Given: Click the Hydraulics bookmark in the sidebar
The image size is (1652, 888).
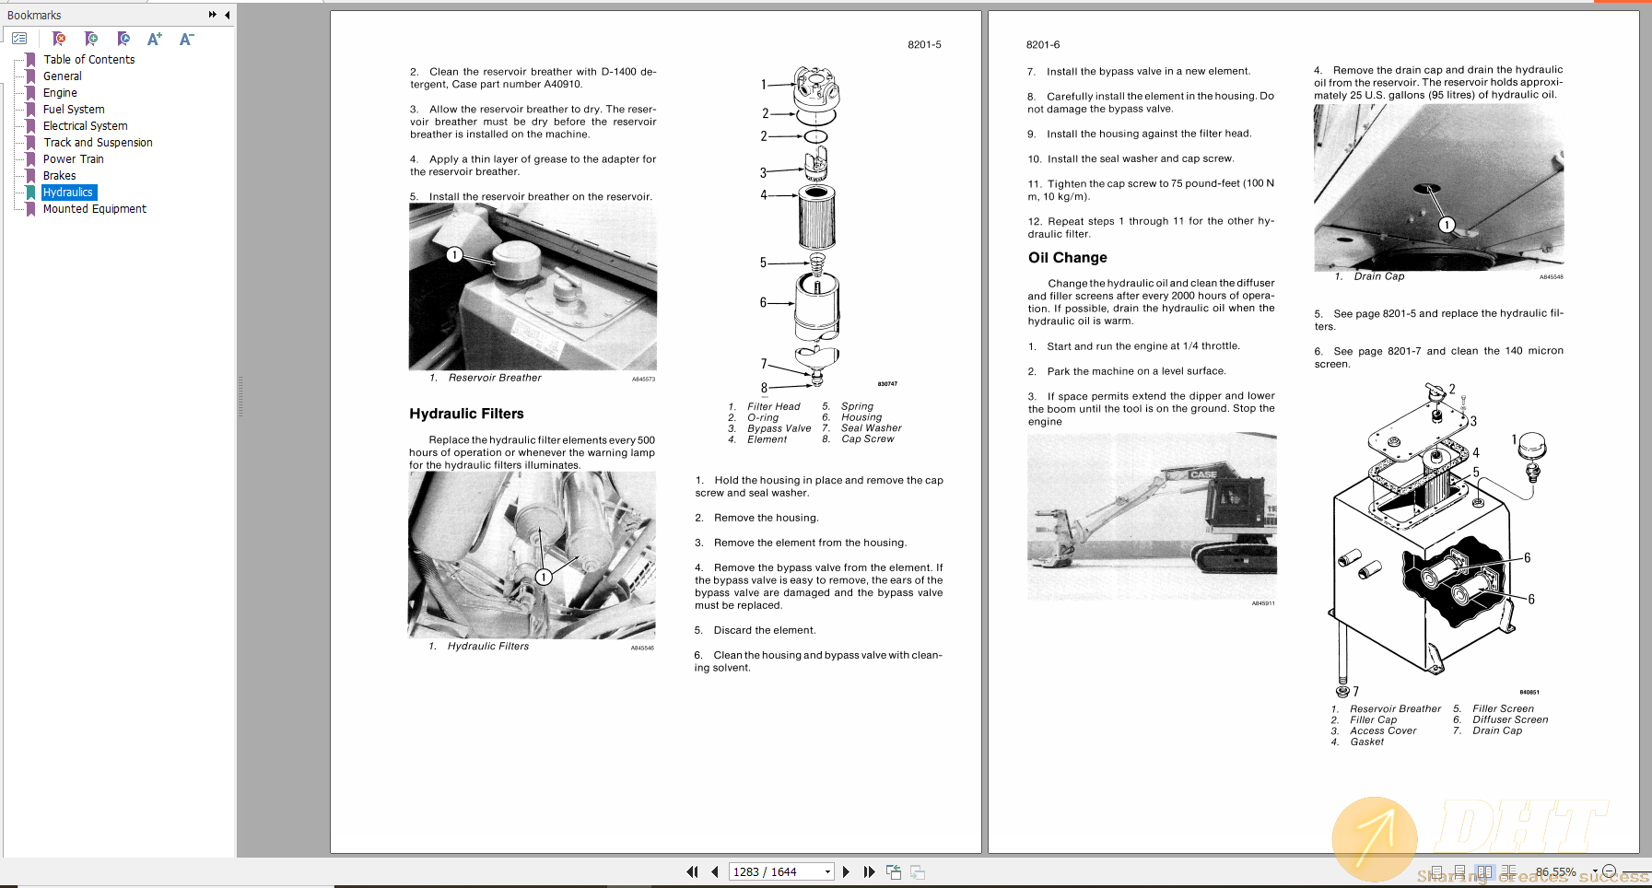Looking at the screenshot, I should click(x=68, y=193).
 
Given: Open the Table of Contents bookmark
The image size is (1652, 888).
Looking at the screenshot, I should click(x=88, y=60).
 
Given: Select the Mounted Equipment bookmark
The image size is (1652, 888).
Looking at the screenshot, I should click(x=94, y=209).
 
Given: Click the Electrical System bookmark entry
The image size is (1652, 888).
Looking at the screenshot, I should click(x=85, y=126).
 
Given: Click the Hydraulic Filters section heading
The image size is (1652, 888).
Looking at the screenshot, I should click(x=466, y=415).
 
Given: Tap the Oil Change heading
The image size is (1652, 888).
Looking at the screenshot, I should click(x=1067, y=258).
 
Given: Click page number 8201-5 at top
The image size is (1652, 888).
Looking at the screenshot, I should click(x=924, y=44).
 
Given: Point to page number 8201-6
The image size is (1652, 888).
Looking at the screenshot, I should click(x=1043, y=44).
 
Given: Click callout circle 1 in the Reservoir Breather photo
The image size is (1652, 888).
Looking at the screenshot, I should click(x=454, y=255).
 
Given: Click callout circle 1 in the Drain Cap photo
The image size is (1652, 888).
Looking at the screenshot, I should click(x=1447, y=225).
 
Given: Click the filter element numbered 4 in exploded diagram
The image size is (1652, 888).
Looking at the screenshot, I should click(x=816, y=216).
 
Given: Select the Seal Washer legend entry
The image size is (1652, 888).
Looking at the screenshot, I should click(x=871, y=428).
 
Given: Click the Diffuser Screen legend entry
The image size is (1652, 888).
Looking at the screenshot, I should click(x=1509, y=720).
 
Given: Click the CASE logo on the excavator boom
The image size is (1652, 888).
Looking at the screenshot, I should click(x=1203, y=474).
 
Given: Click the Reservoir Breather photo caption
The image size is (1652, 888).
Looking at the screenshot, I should click(x=495, y=378).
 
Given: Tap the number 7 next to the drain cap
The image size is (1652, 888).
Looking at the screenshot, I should click(x=1355, y=692).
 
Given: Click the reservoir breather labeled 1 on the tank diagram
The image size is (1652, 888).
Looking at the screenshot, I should click(x=1530, y=449).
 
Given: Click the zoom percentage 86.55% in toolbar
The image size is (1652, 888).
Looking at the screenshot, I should click(x=1555, y=871).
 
